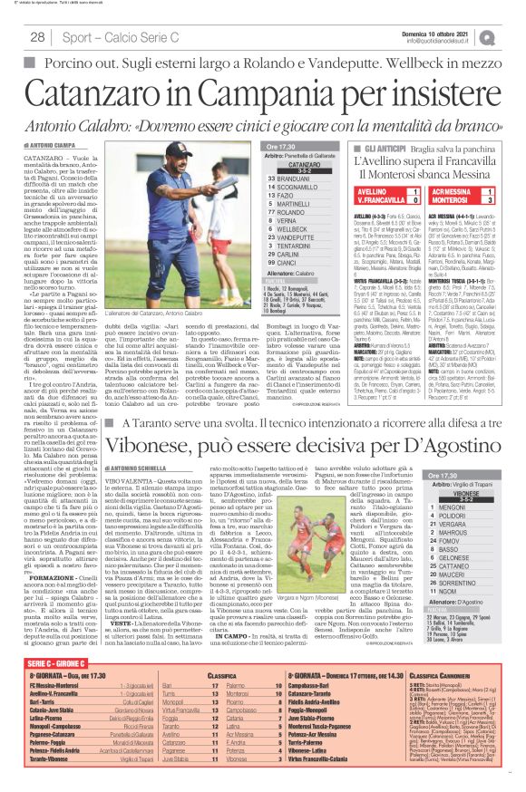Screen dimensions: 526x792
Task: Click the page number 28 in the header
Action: tap(38, 37)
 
